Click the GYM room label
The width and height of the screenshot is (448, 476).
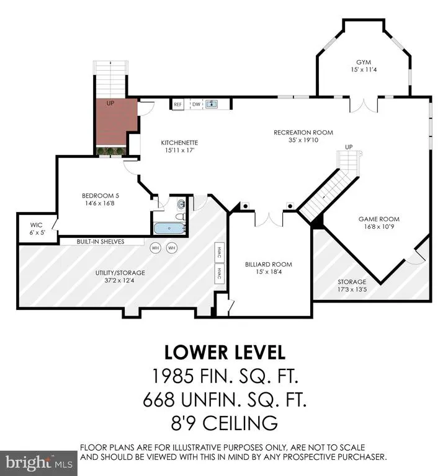pos(364,62)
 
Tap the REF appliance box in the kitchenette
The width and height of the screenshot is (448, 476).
pos(178,104)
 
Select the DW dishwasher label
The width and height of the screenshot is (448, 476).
pos(196,104)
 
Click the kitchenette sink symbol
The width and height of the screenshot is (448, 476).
pos(212,104)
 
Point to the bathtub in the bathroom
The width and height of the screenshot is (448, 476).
pos(169,228)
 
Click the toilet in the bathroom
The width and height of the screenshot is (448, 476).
pos(180,217)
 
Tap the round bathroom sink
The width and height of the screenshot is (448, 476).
pos(181,205)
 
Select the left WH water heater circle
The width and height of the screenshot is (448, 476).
pos(155,248)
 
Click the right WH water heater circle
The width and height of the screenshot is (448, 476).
pos(172,248)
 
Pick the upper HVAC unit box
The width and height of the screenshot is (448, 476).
pos(220,253)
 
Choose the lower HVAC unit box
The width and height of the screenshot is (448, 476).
pos(220,274)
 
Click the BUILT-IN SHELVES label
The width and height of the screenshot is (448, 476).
pos(101,242)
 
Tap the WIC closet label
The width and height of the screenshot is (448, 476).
pos(36,225)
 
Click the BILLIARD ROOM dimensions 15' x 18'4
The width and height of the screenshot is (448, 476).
pos(269,272)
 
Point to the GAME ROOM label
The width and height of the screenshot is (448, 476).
pos(379,219)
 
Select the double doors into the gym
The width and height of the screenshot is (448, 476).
pos(364,105)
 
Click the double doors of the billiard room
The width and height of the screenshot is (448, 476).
pos(269,219)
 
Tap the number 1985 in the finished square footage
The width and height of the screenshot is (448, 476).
pos(172,376)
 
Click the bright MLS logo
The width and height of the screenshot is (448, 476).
pos(38,463)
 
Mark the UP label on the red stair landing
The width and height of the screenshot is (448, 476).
pos(110,104)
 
